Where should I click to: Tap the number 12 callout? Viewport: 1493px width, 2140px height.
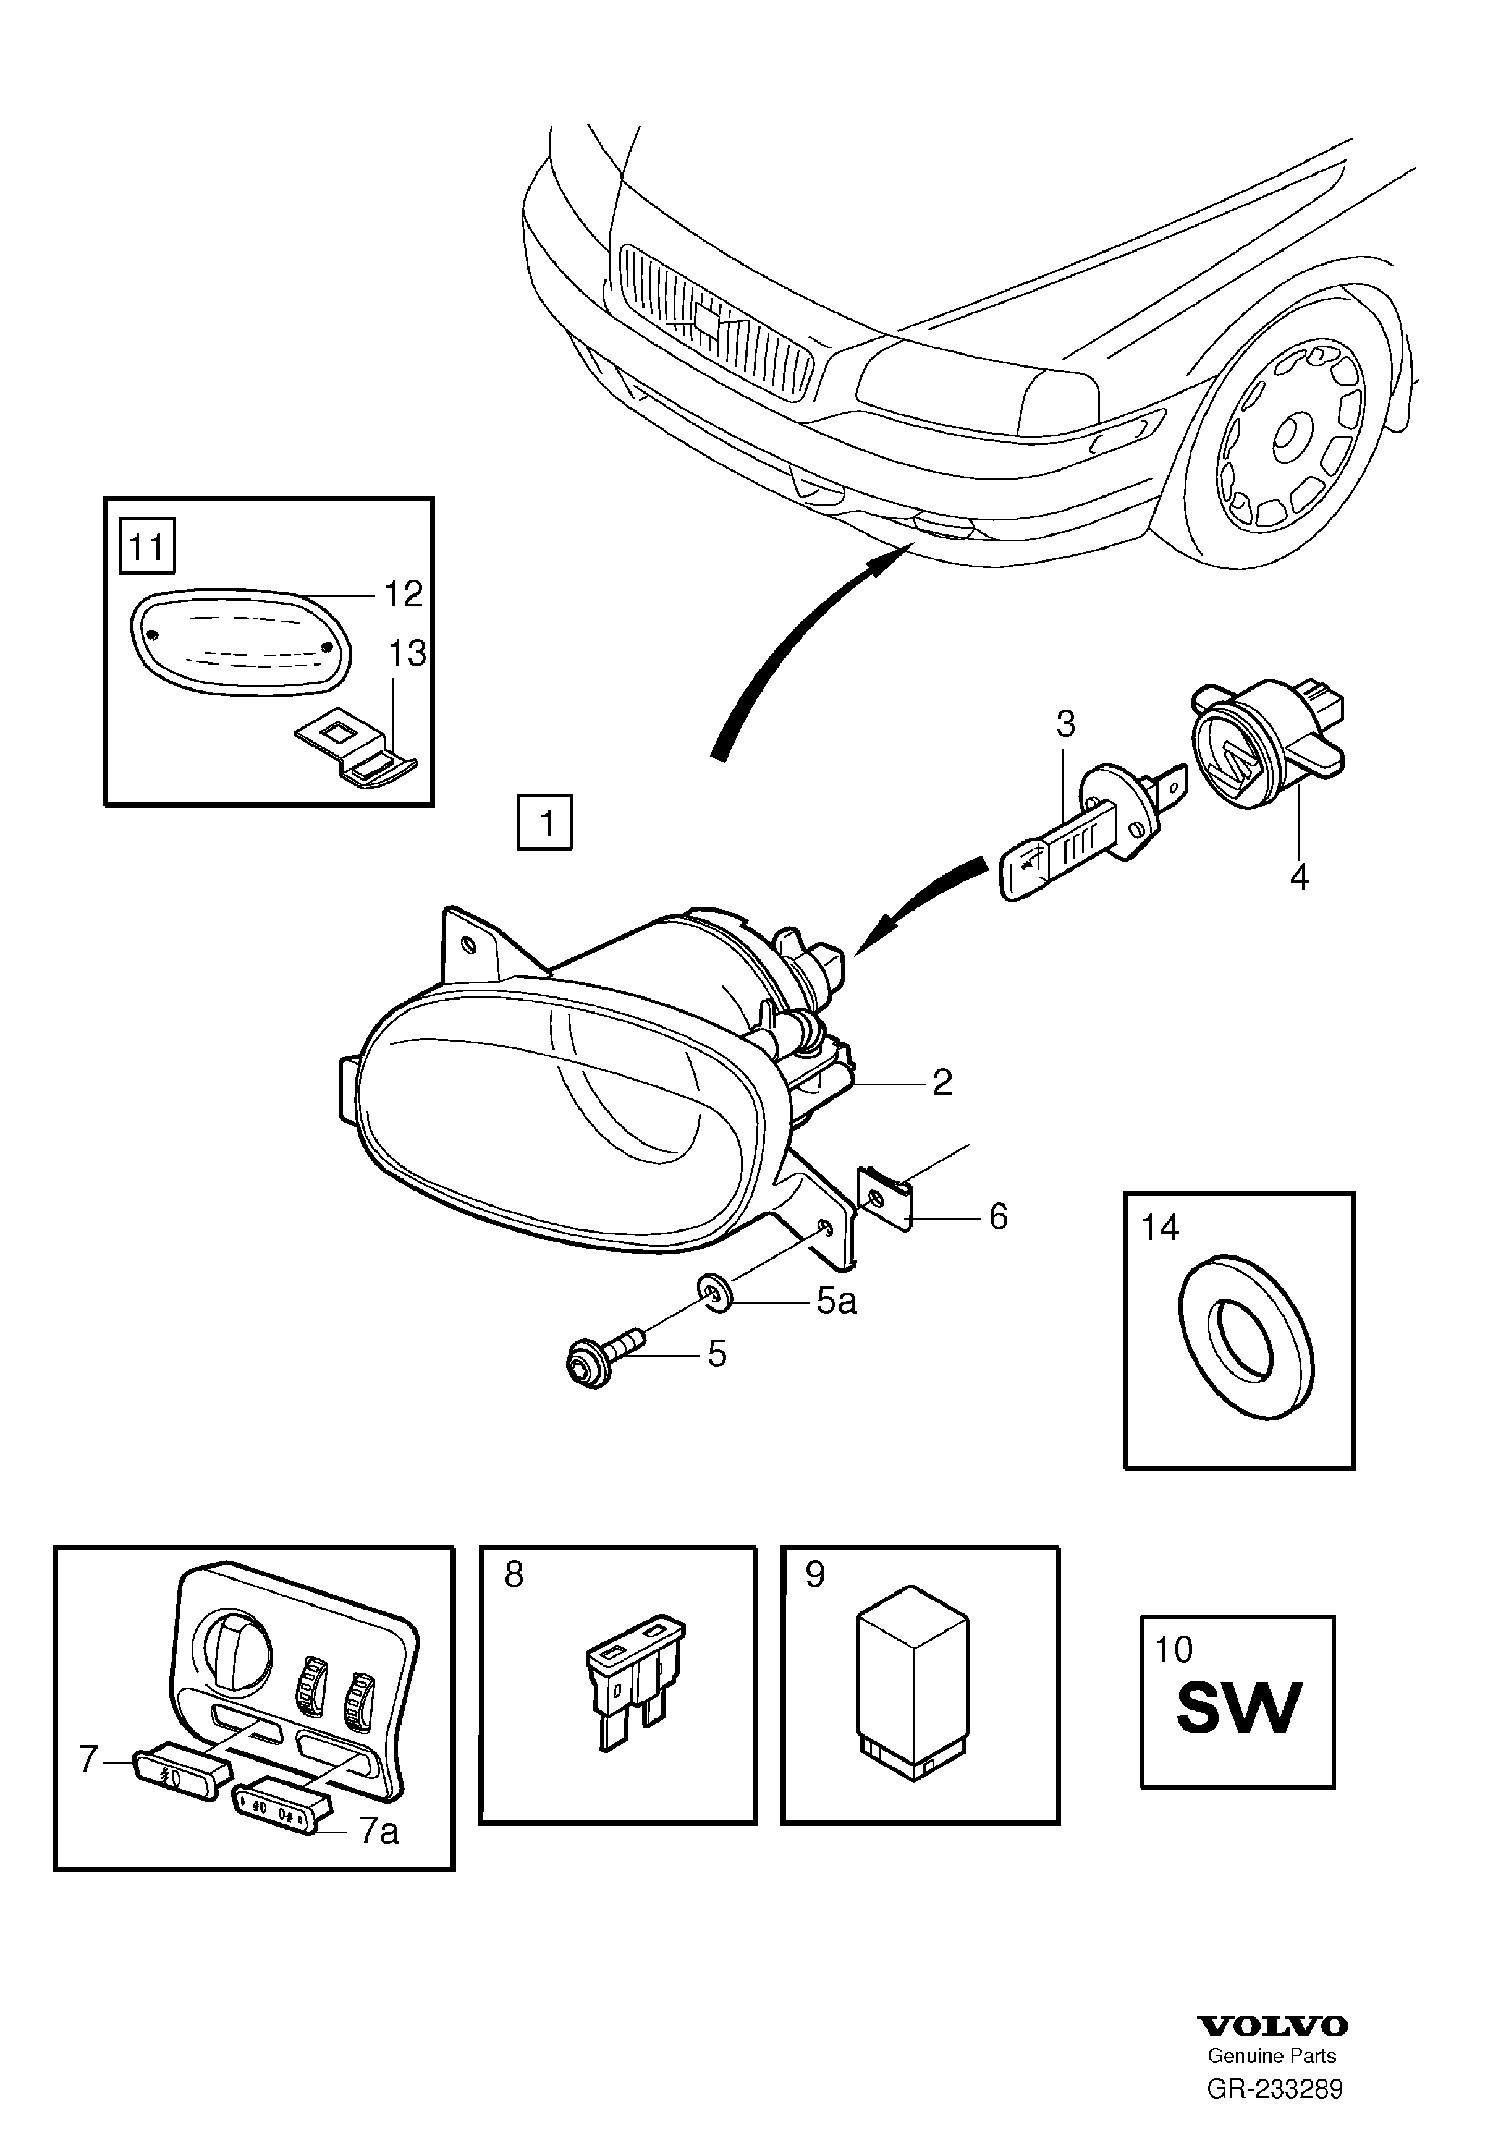click(404, 593)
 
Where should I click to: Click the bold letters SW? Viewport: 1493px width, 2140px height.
click(1238, 1707)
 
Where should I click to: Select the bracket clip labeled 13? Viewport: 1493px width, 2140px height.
click(356, 753)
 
